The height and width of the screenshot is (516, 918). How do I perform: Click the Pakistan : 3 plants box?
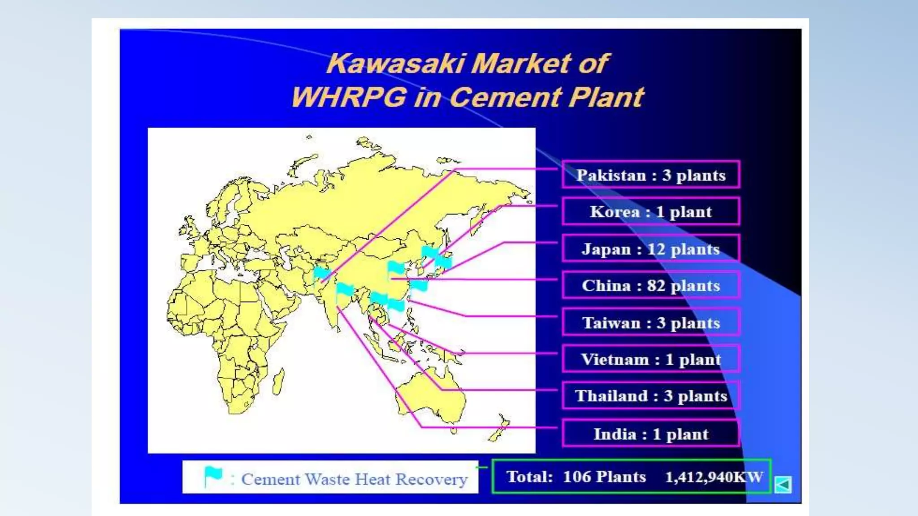pos(650,175)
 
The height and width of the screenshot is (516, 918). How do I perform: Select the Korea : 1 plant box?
pos(650,211)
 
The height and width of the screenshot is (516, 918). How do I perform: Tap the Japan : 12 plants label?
pos(650,249)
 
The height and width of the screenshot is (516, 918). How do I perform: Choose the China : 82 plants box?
pos(650,285)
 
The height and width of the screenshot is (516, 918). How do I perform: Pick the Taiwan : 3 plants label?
pos(650,322)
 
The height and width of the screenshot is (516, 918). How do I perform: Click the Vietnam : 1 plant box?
pos(650,359)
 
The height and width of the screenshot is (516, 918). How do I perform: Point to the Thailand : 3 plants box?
pos(650,396)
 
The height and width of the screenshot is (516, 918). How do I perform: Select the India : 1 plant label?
pos(650,434)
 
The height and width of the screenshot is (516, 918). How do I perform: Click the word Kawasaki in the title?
pos(394,64)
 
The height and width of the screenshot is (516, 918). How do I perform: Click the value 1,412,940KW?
pos(714,477)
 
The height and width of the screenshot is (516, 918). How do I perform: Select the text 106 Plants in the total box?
pos(604,477)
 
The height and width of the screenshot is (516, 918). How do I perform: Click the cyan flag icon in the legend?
pos(213,476)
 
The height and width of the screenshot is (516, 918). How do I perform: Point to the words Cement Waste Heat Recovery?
pos(354,479)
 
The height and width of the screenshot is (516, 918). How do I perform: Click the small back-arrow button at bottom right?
pos(783,484)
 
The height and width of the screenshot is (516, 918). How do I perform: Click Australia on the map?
pos(430,394)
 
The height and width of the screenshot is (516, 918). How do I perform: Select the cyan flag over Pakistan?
pos(321,273)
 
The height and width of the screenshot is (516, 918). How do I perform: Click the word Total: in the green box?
pos(529,477)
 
